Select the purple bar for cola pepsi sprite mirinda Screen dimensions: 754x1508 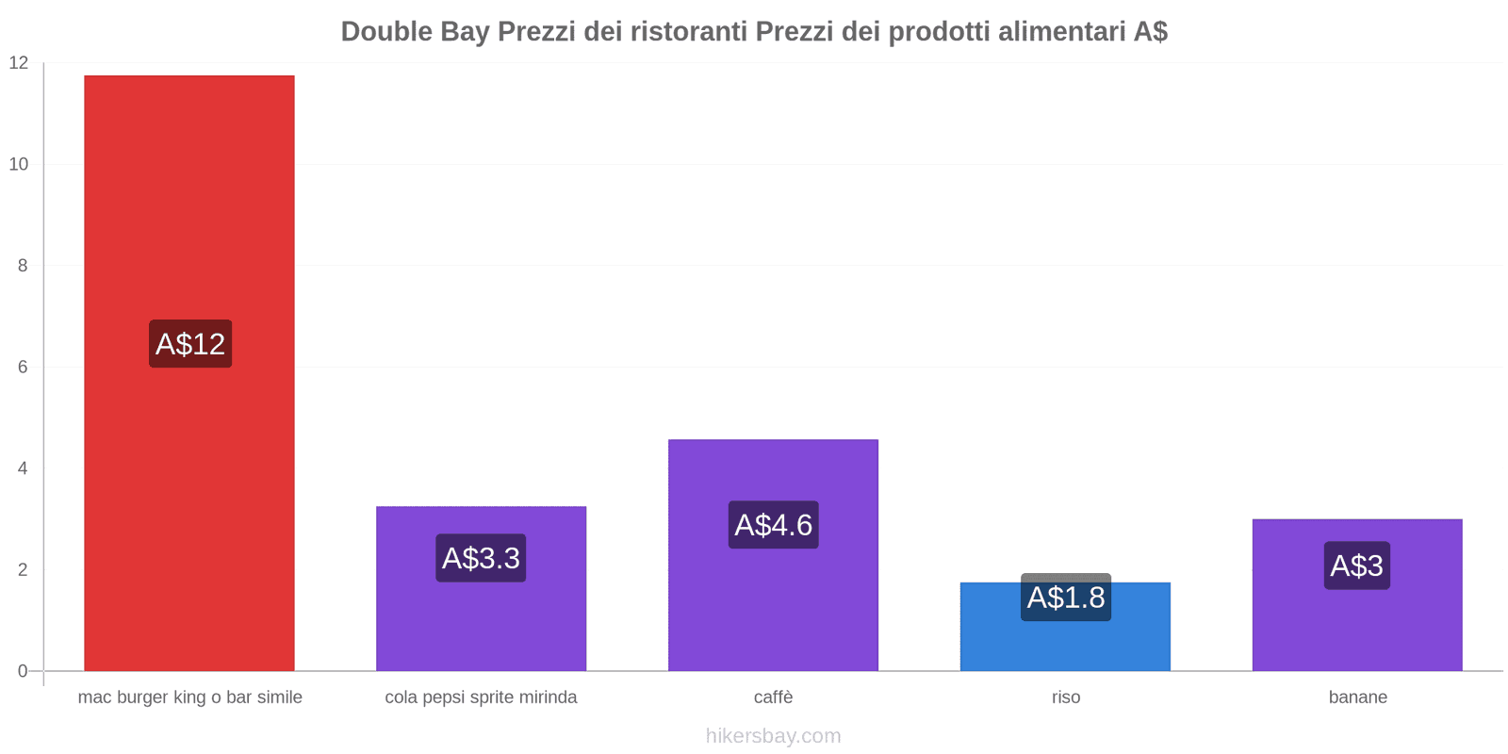(481, 622)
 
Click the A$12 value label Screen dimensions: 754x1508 (190, 344)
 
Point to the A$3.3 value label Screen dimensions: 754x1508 (481, 558)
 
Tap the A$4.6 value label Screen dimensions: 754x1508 (773, 525)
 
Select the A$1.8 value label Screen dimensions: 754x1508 (1066, 598)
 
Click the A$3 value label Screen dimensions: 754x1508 (1357, 565)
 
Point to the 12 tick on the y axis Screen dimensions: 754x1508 (19, 63)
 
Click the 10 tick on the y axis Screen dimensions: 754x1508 (19, 164)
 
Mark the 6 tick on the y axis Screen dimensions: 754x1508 (23, 368)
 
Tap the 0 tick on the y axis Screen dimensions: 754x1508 (23, 671)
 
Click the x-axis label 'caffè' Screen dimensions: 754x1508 (773, 697)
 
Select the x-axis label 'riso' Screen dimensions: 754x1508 (1066, 697)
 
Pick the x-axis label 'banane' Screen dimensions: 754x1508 (1357, 697)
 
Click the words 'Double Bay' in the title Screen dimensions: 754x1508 (415, 31)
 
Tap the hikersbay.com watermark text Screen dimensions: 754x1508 (773, 736)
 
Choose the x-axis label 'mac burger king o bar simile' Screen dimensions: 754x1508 (189, 697)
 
